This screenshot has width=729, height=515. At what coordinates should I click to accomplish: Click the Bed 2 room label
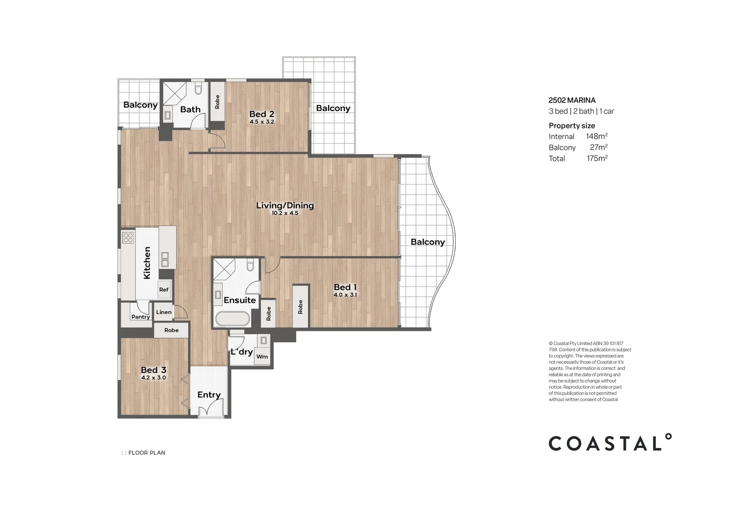(x=261, y=114)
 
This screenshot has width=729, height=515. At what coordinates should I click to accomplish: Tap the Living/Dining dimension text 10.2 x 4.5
(x=285, y=213)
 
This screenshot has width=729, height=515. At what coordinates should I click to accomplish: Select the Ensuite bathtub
(x=232, y=319)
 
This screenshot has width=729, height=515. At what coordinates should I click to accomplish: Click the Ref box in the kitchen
(x=164, y=289)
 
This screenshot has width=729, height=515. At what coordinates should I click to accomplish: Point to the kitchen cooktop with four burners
(x=128, y=238)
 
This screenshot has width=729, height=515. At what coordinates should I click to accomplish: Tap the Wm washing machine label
(x=262, y=357)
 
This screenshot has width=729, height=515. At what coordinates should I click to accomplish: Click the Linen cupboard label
(x=164, y=312)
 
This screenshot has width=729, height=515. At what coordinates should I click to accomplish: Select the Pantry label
(x=141, y=317)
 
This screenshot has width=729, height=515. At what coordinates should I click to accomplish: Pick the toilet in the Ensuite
(x=250, y=265)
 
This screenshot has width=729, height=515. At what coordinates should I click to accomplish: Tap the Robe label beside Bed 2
(x=217, y=102)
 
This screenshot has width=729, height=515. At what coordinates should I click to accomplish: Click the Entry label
(x=209, y=395)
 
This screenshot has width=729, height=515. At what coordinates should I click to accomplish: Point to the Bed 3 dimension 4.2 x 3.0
(x=154, y=378)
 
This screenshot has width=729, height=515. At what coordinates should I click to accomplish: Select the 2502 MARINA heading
(x=572, y=100)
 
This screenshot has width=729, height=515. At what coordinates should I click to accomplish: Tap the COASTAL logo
(x=610, y=442)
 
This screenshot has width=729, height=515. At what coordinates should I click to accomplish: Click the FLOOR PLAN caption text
(x=147, y=453)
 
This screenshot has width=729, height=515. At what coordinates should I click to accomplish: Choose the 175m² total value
(x=597, y=158)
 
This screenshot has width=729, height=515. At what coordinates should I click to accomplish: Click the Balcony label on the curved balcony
(x=427, y=242)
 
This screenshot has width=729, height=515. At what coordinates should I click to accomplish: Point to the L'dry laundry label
(x=241, y=352)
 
